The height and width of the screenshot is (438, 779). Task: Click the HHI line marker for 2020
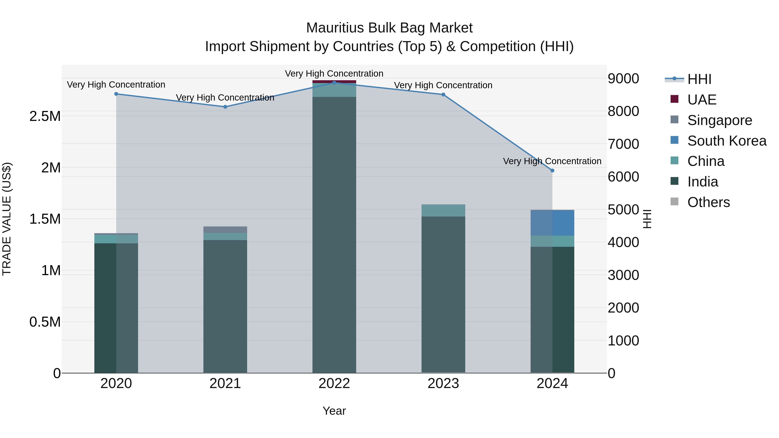[116, 94]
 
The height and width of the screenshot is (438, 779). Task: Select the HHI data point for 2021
[225, 107]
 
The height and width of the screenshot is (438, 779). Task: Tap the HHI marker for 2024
[552, 170]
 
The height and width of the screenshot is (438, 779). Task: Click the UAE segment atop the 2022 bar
[334, 82]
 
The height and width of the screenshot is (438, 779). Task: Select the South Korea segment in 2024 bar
[552, 223]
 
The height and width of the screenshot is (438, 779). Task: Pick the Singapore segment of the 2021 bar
[225, 230]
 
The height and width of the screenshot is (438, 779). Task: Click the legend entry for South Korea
[727, 141]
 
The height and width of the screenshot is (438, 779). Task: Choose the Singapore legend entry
[719, 120]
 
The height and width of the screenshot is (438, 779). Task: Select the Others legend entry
[708, 202]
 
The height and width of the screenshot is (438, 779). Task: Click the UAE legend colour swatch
[674, 99]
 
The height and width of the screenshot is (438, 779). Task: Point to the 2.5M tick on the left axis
[45, 116]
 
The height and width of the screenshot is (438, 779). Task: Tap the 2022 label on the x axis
[334, 383]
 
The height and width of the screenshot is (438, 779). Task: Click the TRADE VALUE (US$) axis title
[7, 219]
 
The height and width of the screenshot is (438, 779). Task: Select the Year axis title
[334, 411]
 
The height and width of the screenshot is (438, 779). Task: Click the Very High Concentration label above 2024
[552, 161]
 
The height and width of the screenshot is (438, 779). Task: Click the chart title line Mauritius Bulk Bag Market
[389, 28]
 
